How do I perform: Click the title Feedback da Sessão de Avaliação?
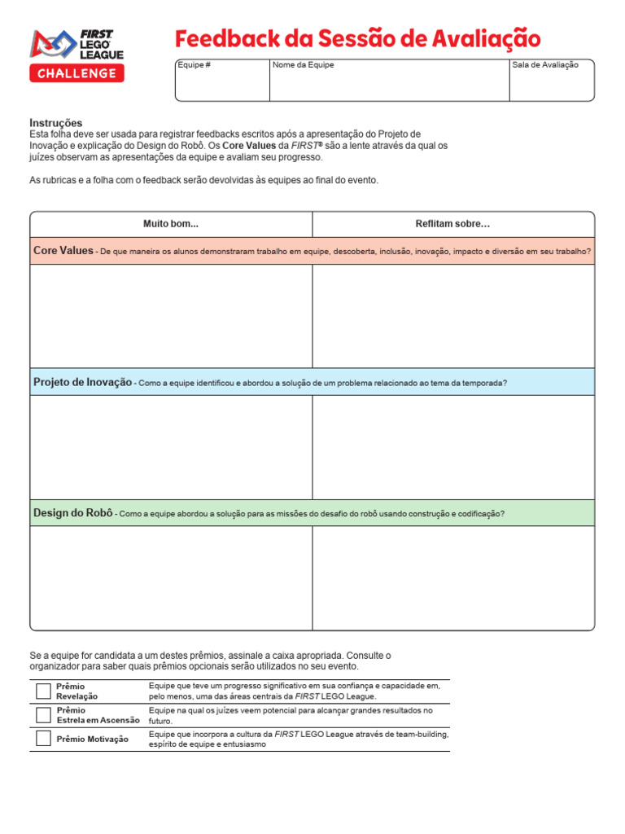click(358, 38)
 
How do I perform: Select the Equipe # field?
click(222, 81)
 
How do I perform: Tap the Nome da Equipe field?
click(389, 81)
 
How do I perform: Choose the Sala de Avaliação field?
click(551, 81)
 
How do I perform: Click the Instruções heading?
click(56, 123)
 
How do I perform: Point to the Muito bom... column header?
click(171, 224)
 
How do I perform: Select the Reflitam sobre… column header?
click(453, 224)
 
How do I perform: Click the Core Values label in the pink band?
click(63, 251)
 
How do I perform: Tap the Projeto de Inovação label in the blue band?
click(82, 382)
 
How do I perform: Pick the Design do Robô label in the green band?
click(72, 513)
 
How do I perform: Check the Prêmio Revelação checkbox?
click(43, 691)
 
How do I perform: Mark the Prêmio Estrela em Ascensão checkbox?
click(43, 715)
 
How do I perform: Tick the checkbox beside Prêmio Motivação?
click(43, 739)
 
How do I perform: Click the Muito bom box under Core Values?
click(171, 315)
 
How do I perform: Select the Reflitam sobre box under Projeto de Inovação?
click(453, 446)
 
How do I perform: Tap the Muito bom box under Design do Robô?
click(171, 578)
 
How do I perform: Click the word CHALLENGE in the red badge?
click(77, 74)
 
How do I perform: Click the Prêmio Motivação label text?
click(92, 739)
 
